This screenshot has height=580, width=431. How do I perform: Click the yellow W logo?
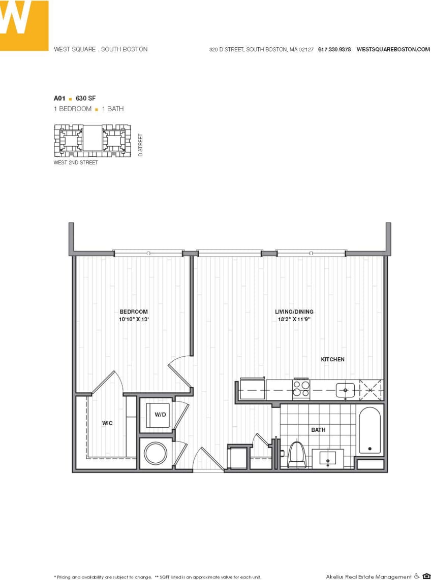(x=24, y=25)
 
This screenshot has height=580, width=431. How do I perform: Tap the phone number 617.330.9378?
(x=334, y=50)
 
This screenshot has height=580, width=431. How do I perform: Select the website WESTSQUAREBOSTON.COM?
(x=393, y=50)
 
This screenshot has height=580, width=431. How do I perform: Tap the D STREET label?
(x=141, y=145)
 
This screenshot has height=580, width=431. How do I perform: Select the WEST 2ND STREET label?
(x=76, y=163)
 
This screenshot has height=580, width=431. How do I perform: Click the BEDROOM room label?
(x=134, y=312)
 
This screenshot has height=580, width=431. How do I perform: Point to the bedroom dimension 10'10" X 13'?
(x=134, y=320)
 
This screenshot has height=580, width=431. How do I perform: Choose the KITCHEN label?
(x=332, y=359)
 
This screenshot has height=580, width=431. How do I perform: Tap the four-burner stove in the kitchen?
(x=301, y=389)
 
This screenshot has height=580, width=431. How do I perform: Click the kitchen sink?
(x=346, y=390)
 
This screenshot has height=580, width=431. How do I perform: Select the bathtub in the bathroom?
(x=370, y=431)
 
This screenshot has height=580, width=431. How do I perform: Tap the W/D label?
(x=161, y=415)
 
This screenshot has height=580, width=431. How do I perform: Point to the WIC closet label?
(x=107, y=423)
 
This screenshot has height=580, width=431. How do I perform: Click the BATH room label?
(x=318, y=430)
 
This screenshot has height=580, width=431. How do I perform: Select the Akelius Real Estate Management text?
(x=368, y=576)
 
